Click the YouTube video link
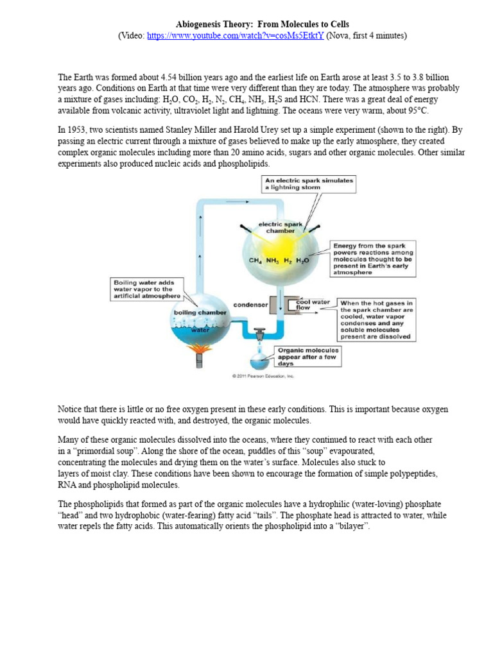click(235, 36)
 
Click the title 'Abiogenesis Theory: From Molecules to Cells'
click(263, 24)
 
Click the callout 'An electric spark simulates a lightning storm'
click(309, 185)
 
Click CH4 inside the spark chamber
click(255, 261)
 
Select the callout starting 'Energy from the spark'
click(373, 259)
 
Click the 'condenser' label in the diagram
click(250, 305)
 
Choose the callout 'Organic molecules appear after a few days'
click(307, 355)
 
